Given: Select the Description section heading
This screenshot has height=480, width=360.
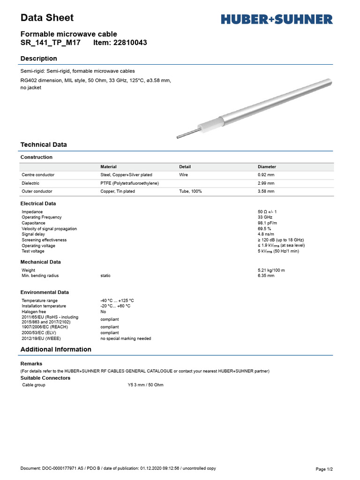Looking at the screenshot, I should coord(39,59).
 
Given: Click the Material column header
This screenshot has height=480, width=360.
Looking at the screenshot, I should coord(108,167).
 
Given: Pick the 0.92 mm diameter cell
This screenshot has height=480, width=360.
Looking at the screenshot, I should coord(266,175).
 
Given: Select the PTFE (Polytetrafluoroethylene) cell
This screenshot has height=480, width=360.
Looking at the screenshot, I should coord(129,183).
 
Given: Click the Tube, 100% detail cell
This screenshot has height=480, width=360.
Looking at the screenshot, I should coord(190,191).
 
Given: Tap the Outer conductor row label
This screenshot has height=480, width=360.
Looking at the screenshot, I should coord(37,191).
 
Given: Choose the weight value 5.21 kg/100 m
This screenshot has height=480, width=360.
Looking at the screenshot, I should coord(271,270).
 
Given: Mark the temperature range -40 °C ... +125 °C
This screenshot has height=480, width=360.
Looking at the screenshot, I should coord(117,300).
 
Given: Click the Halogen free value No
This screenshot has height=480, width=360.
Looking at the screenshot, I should coord(103,312).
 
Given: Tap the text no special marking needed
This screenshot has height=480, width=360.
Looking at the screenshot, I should coord(126,338).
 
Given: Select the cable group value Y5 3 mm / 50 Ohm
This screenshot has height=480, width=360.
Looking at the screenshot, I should coord(145,385).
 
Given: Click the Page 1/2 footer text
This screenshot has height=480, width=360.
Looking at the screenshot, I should coord(324,469).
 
